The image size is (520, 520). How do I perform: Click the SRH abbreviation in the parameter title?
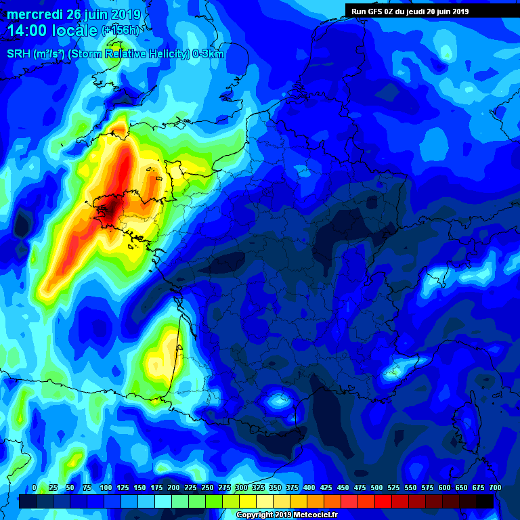[x=18, y=54]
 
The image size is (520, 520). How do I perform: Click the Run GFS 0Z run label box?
[x=410, y=11]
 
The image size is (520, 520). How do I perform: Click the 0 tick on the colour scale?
[x=35, y=487]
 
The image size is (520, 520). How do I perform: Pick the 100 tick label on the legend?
[x=105, y=487]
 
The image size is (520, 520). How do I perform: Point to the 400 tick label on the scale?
[x=309, y=487]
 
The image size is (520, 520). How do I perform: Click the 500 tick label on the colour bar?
[x=377, y=487]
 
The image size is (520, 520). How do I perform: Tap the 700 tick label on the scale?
[x=495, y=487]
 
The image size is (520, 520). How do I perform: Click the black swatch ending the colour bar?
[x=485, y=501]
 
